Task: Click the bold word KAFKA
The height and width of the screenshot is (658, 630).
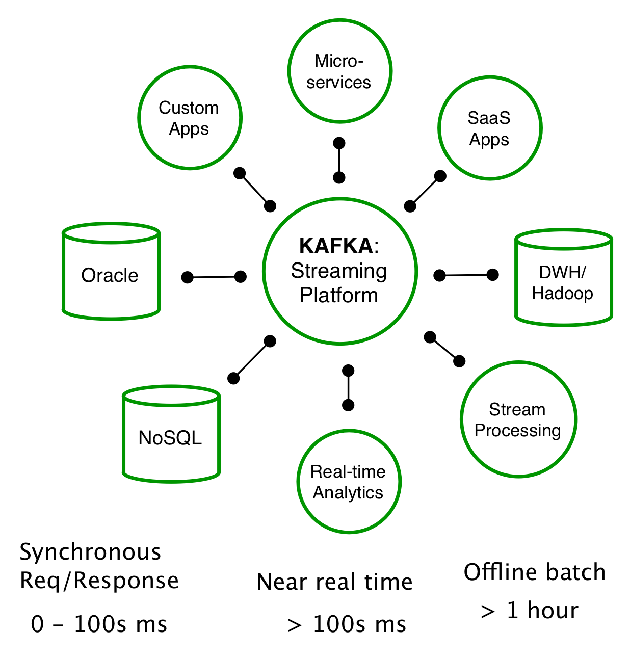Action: [x=336, y=246]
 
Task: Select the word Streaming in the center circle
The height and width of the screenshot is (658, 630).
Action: [x=339, y=271]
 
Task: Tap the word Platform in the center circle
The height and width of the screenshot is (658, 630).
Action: [x=339, y=295]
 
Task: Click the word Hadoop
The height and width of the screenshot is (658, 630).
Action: [x=562, y=294]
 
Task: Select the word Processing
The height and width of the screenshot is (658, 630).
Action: [x=517, y=431]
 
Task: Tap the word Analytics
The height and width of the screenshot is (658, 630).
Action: [x=348, y=493]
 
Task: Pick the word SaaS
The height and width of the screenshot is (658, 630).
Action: [x=489, y=118]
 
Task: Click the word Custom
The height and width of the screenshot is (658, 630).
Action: [x=189, y=108]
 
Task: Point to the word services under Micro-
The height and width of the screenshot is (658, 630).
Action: [x=338, y=82]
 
